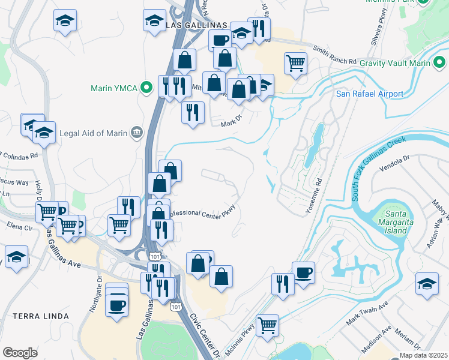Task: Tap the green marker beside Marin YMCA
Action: tap(145, 88)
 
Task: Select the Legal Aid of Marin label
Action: tap(93, 132)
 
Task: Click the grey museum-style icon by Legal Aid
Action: tap(137, 132)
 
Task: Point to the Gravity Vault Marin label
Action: tap(394, 62)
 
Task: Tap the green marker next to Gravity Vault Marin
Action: tap(440, 62)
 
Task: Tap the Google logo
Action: tap(20, 353)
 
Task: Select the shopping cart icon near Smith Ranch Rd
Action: tap(295, 62)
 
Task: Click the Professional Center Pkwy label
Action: tap(200, 212)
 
